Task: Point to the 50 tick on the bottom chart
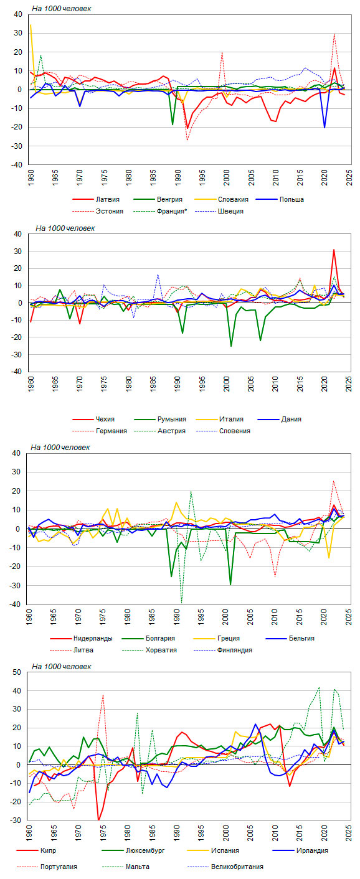click(16, 672)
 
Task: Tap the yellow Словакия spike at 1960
click(31, 25)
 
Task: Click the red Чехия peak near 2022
click(334, 250)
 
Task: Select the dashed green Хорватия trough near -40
click(181, 603)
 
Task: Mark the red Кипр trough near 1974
click(98, 819)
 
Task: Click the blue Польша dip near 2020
click(324, 127)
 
